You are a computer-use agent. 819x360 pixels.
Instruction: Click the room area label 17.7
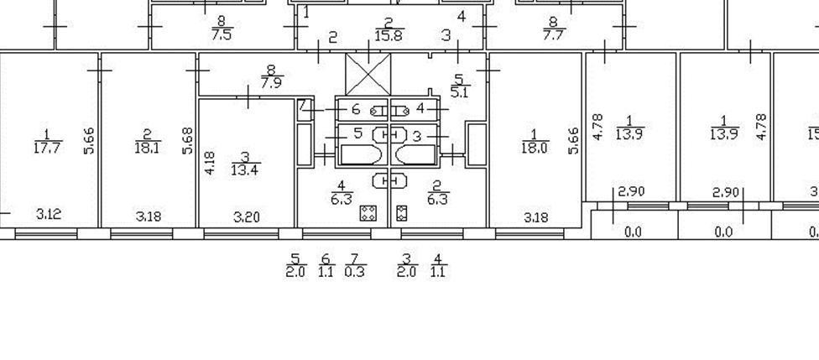47,149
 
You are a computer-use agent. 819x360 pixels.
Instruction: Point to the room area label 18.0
534,149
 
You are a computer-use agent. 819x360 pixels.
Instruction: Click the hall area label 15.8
389,35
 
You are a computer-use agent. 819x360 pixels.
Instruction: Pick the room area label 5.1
459,91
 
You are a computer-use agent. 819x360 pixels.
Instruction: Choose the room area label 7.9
271,83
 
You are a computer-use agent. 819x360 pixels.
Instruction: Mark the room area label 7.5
222,34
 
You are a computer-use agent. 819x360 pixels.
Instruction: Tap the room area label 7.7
554,35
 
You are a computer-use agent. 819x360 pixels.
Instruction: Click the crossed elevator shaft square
368,74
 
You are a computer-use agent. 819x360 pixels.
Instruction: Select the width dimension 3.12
49,215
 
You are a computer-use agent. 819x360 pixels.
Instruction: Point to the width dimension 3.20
246,217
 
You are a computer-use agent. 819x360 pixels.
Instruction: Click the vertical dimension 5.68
188,140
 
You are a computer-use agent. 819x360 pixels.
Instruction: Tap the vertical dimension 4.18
210,164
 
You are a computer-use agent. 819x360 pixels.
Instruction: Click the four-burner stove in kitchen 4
367,213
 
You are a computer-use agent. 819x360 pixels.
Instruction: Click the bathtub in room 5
361,154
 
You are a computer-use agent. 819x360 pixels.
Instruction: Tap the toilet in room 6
379,109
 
